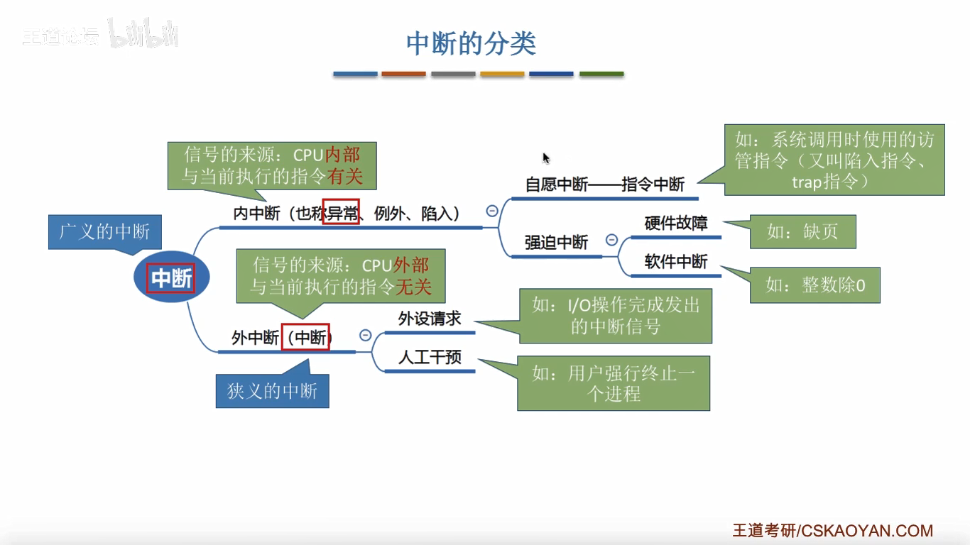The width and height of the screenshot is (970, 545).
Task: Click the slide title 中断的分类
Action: coord(471,44)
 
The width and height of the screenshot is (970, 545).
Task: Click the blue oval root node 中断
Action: coord(171,279)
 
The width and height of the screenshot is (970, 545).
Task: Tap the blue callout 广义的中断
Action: coord(104,232)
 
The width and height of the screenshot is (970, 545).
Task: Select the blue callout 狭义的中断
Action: coord(272,391)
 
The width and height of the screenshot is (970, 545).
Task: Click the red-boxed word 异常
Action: coord(341,212)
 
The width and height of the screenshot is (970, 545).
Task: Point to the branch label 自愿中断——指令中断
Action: coord(604,185)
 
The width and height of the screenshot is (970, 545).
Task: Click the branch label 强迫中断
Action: coord(556,243)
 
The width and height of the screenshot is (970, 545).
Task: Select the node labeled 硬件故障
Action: coord(675,224)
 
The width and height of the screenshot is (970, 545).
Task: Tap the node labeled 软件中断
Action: coord(675,262)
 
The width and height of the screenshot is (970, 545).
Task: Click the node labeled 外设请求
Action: coord(429,319)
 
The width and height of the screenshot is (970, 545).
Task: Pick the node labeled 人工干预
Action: coord(429,358)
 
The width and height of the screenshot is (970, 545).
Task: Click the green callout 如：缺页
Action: coord(802,232)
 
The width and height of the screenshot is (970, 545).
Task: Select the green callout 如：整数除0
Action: coord(815,285)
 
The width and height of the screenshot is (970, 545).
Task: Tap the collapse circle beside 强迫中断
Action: coord(611,240)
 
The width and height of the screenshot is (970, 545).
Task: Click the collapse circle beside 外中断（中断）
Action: coord(366,335)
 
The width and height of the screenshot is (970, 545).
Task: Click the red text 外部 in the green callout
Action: coord(411,265)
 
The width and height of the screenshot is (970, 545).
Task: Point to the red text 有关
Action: coord(345,176)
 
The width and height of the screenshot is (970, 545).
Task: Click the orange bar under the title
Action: coord(403,74)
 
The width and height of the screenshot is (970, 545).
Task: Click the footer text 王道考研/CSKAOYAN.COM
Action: coord(832,531)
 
